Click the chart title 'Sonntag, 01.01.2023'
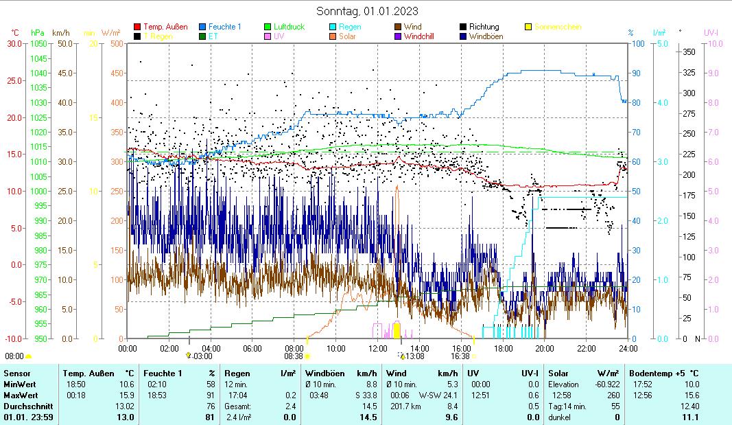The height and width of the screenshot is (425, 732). pyautogui.click(x=367, y=11)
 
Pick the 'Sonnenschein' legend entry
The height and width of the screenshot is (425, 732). pyautogui.click(x=557, y=27)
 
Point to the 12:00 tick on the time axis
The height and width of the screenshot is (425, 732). pyautogui.click(x=378, y=348)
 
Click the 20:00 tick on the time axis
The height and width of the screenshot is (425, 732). pyautogui.click(x=545, y=348)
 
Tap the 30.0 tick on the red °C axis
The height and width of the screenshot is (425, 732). pyautogui.click(x=14, y=44)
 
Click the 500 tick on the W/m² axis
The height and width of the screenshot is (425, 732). pyautogui.click(x=116, y=44)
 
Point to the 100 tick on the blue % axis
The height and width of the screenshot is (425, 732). pyautogui.click(x=637, y=44)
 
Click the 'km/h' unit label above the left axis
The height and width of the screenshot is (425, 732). pyautogui.click(x=60, y=32)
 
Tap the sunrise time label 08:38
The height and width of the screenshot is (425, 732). pyautogui.click(x=294, y=356)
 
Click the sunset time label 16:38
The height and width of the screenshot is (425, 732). pyautogui.click(x=460, y=356)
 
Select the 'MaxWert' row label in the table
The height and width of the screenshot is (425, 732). pyautogui.click(x=19, y=395)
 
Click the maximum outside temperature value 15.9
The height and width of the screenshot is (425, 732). pyautogui.click(x=126, y=395)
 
